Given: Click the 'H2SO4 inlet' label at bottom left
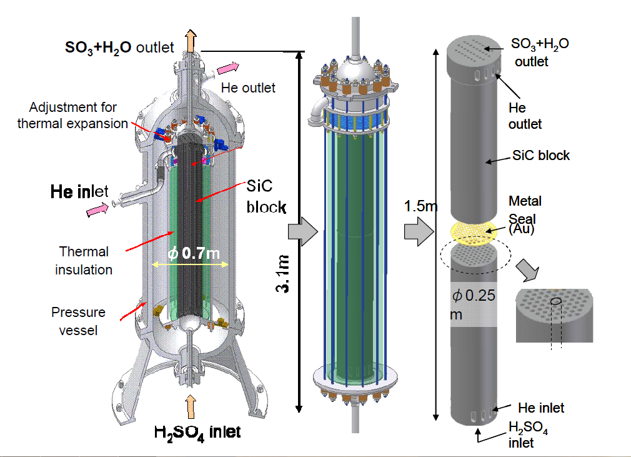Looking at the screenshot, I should point(197,431).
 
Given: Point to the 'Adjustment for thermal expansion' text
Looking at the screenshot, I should point(72,116).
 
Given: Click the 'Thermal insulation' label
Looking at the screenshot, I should point(84,261).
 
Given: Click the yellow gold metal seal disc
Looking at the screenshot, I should point(473,232).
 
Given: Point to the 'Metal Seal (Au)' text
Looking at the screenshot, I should point(524,215).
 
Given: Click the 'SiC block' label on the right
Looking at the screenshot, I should point(540,155).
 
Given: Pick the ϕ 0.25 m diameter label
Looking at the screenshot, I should point(474,304).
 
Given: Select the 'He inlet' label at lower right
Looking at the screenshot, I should point(541,408).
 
